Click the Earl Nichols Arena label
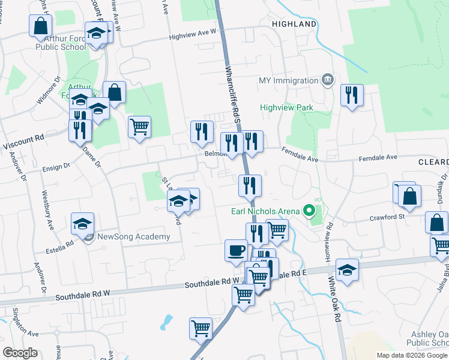[x=265, y=211]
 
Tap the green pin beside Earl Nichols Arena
[x=309, y=211]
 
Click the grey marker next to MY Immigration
[x=327, y=80]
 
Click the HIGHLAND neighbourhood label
[x=294, y=24]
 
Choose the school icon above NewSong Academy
[x=83, y=224]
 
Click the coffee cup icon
[x=236, y=250]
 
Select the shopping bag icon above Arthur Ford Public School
[x=41, y=25]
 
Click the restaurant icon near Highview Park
[x=352, y=95]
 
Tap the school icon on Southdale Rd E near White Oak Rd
[x=347, y=270]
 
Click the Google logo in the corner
[x=20, y=353]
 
